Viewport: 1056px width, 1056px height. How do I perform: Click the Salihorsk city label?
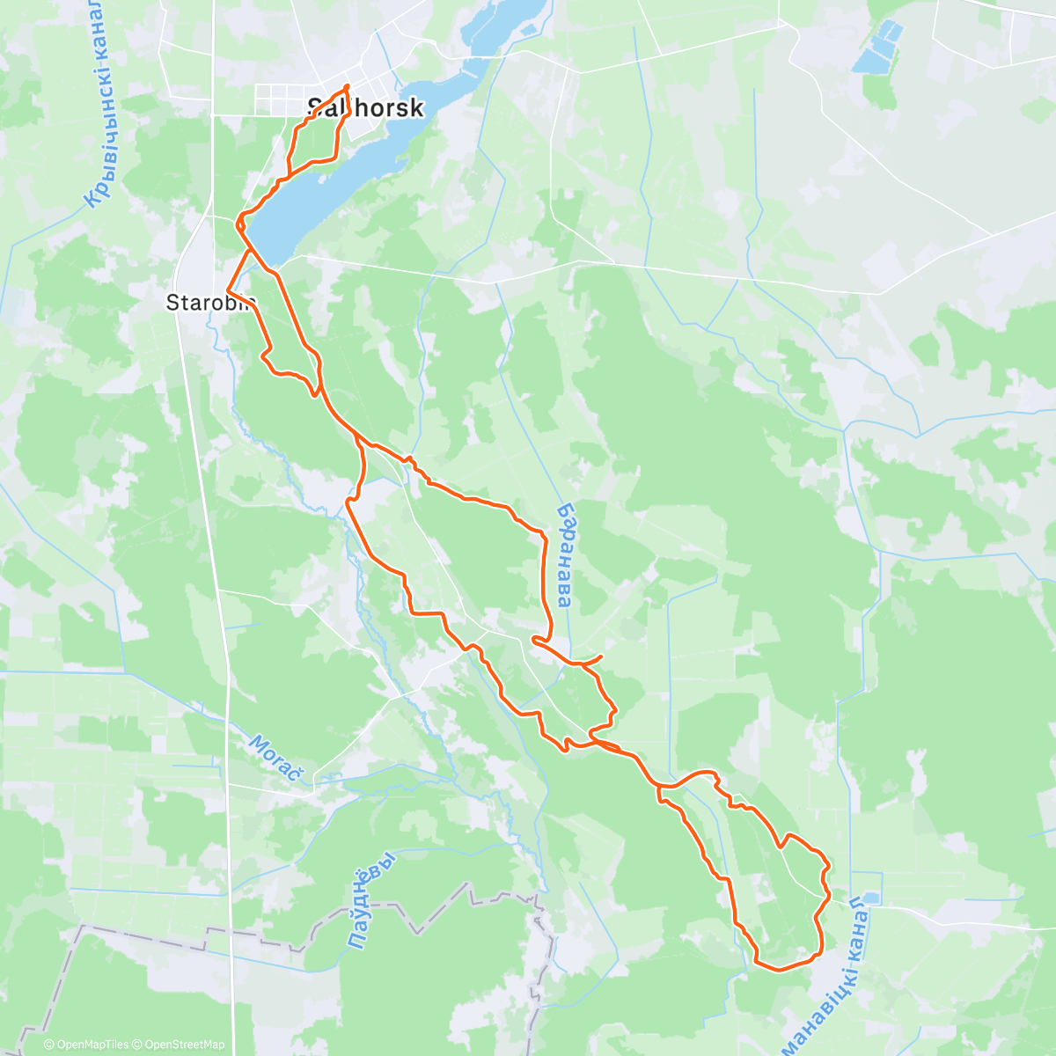tap(365, 107)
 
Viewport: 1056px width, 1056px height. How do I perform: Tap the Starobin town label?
tap(210, 303)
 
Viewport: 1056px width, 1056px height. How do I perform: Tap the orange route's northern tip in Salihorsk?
tap(348, 85)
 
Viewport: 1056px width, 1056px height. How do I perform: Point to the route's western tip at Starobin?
tap(228, 289)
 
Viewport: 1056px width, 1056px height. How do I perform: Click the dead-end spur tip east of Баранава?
tap(600, 656)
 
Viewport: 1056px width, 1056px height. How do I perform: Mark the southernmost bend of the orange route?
tap(779, 970)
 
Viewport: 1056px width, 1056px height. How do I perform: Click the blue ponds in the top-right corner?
tap(877, 48)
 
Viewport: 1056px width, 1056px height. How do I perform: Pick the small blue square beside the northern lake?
tap(527, 32)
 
